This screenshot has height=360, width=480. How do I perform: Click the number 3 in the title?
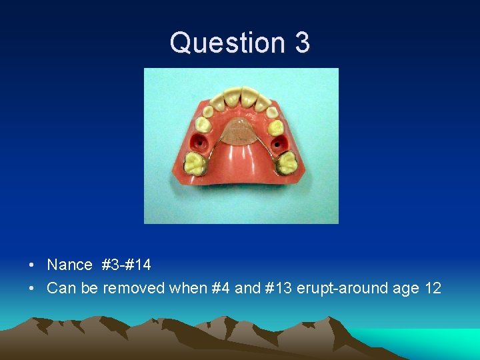[x=301, y=43]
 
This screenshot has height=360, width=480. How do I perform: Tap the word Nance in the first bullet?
[x=69, y=265]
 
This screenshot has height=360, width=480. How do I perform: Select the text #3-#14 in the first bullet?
[x=126, y=265]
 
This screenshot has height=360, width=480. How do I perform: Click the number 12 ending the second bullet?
[x=433, y=288]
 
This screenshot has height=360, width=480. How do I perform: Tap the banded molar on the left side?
[x=195, y=162]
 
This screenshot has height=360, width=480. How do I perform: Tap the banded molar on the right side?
[x=287, y=162]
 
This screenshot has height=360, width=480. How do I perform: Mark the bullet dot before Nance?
[x=32, y=265]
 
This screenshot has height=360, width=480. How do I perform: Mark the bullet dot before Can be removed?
[x=32, y=289]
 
